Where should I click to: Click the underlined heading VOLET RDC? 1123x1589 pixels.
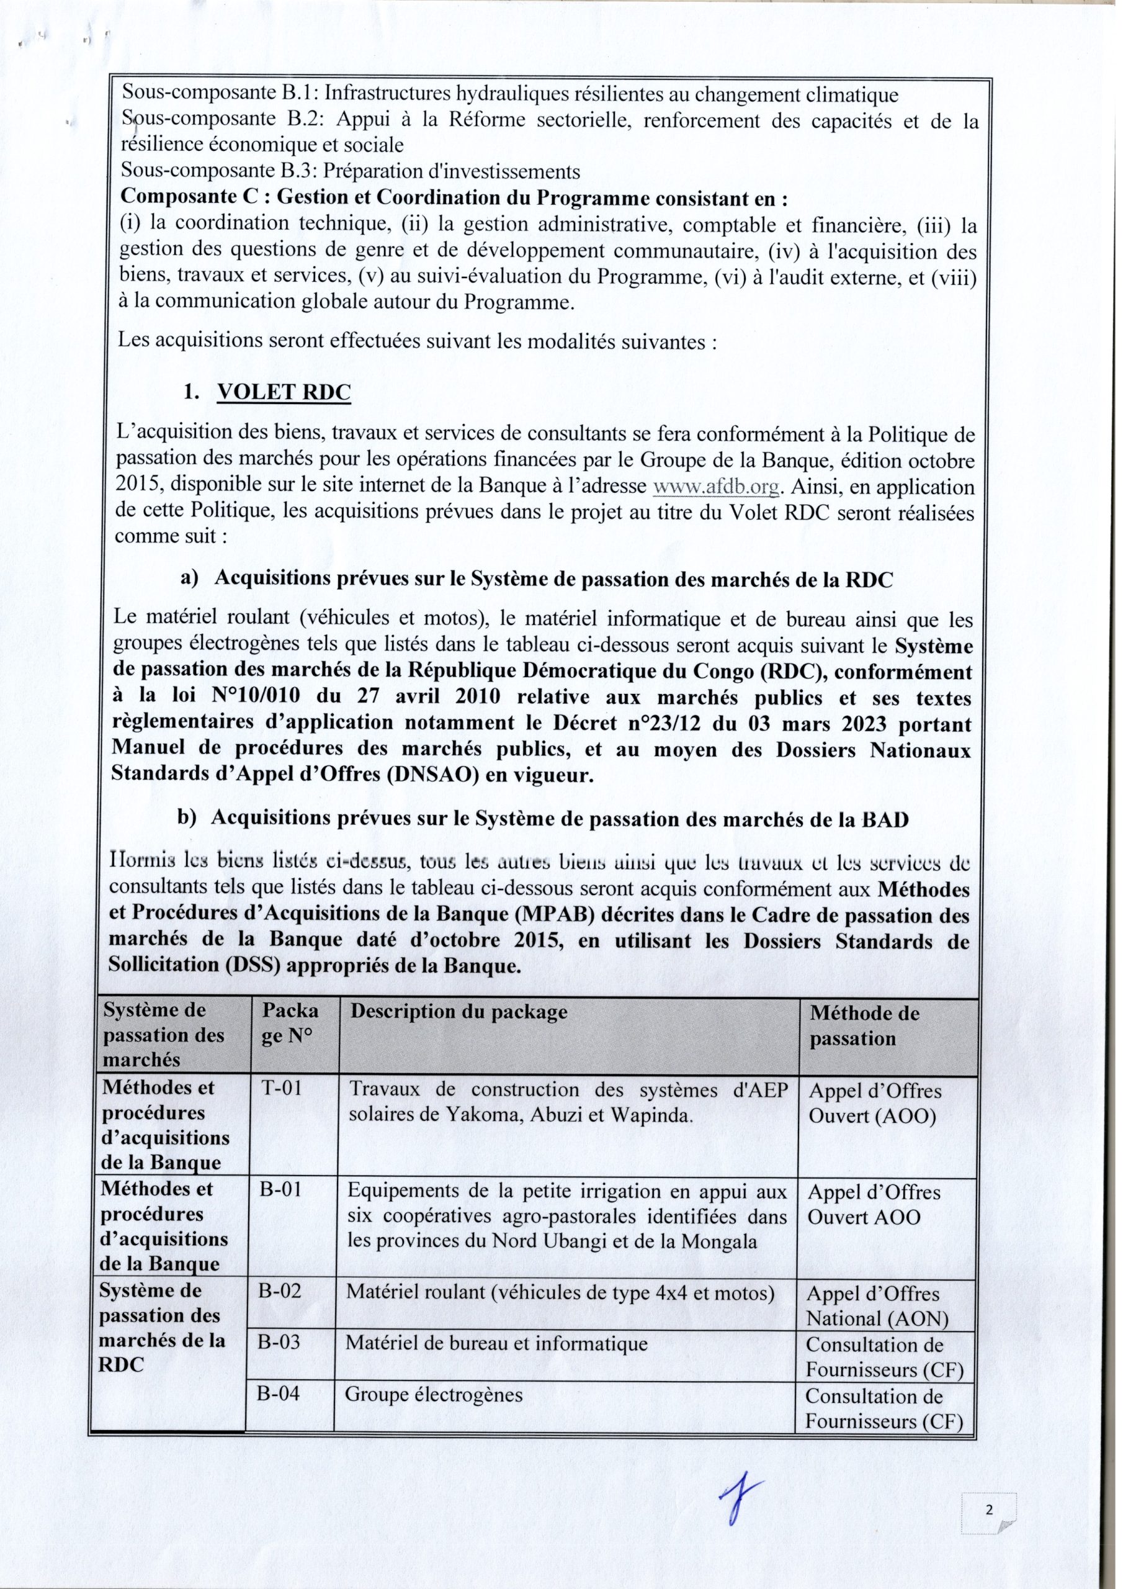coord(284,392)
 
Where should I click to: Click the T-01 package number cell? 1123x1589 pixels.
coord(282,1088)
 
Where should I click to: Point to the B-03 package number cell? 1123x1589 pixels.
coord(279,1343)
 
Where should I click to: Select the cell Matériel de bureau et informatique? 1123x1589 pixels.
coord(496,1343)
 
